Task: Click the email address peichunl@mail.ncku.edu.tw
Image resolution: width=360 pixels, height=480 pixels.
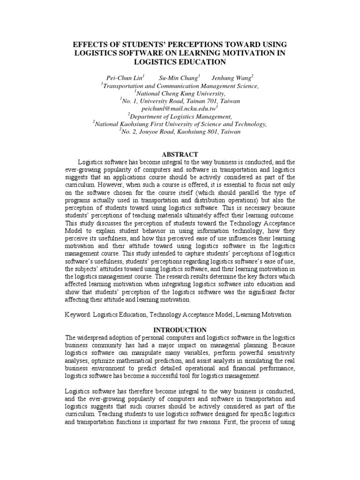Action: (180, 108)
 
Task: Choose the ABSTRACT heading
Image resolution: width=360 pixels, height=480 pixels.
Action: (180, 154)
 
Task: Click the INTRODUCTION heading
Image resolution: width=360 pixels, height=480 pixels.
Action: (180, 330)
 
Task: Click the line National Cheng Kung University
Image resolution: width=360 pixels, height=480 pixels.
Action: (180, 93)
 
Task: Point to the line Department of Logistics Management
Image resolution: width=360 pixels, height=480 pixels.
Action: (180, 116)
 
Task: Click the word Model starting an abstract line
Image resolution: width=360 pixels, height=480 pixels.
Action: (74, 230)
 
